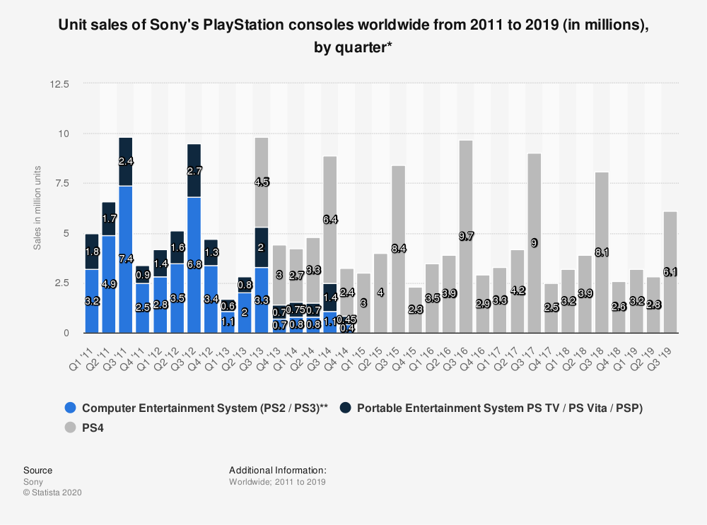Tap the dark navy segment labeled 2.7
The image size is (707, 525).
click(194, 170)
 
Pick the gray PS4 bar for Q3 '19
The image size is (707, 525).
click(670, 272)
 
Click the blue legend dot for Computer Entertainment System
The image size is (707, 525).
click(70, 408)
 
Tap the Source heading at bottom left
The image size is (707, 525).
click(37, 470)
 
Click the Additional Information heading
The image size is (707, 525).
click(277, 470)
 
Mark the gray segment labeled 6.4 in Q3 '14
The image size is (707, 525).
click(329, 220)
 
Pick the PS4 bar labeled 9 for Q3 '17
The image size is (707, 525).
click(534, 242)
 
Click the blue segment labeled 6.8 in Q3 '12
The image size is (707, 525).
click(194, 265)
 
